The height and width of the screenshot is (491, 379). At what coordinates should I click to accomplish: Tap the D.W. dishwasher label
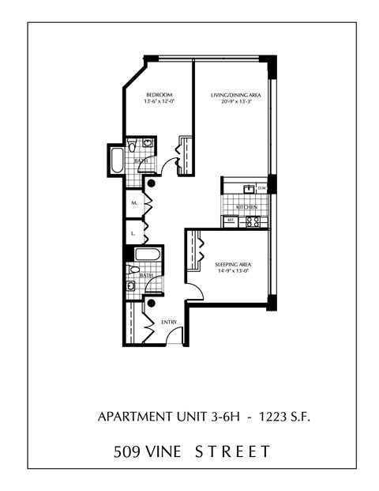[x=261, y=188]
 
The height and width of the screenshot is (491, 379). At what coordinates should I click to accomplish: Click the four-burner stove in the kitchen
[x=253, y=221]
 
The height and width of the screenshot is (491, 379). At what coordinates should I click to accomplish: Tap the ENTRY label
[x=169, y=322]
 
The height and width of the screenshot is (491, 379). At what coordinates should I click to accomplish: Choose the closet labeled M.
[x=135, y=203]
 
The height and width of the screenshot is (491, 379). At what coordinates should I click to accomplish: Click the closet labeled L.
[x=134, y=234]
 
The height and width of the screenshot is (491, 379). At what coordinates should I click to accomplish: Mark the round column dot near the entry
[x=151, y=303]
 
